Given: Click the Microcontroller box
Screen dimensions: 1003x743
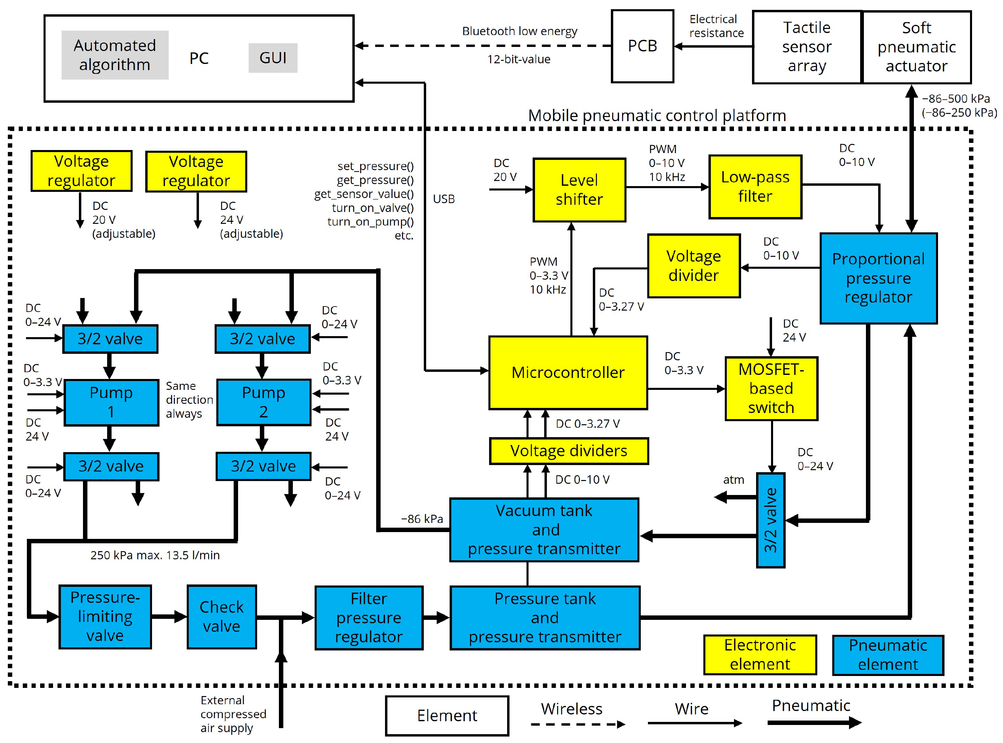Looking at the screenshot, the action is click(568, 373).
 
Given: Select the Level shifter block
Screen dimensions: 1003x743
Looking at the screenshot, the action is click(579, 190).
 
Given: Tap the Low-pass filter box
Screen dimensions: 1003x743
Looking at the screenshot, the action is click(755, 187).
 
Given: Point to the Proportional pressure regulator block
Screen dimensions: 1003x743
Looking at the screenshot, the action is click(879, 278).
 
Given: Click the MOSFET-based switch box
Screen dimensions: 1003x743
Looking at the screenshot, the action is click(771, 389).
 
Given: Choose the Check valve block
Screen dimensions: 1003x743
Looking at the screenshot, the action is click(222, 617).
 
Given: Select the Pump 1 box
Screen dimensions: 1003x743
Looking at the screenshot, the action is click(112, 402).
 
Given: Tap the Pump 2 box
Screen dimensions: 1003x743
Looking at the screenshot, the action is click(264, 402).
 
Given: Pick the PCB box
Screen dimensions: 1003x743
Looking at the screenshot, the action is click(642, 46).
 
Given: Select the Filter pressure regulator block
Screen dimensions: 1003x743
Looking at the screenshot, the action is click(369, 618).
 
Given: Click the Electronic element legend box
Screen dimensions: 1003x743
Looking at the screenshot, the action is click(760, 655).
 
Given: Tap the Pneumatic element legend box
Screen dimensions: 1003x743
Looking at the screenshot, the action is click(888, 655).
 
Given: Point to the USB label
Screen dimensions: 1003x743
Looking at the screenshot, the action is click(444, 199).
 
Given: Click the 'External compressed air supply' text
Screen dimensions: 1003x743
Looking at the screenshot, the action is click(233, 714).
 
